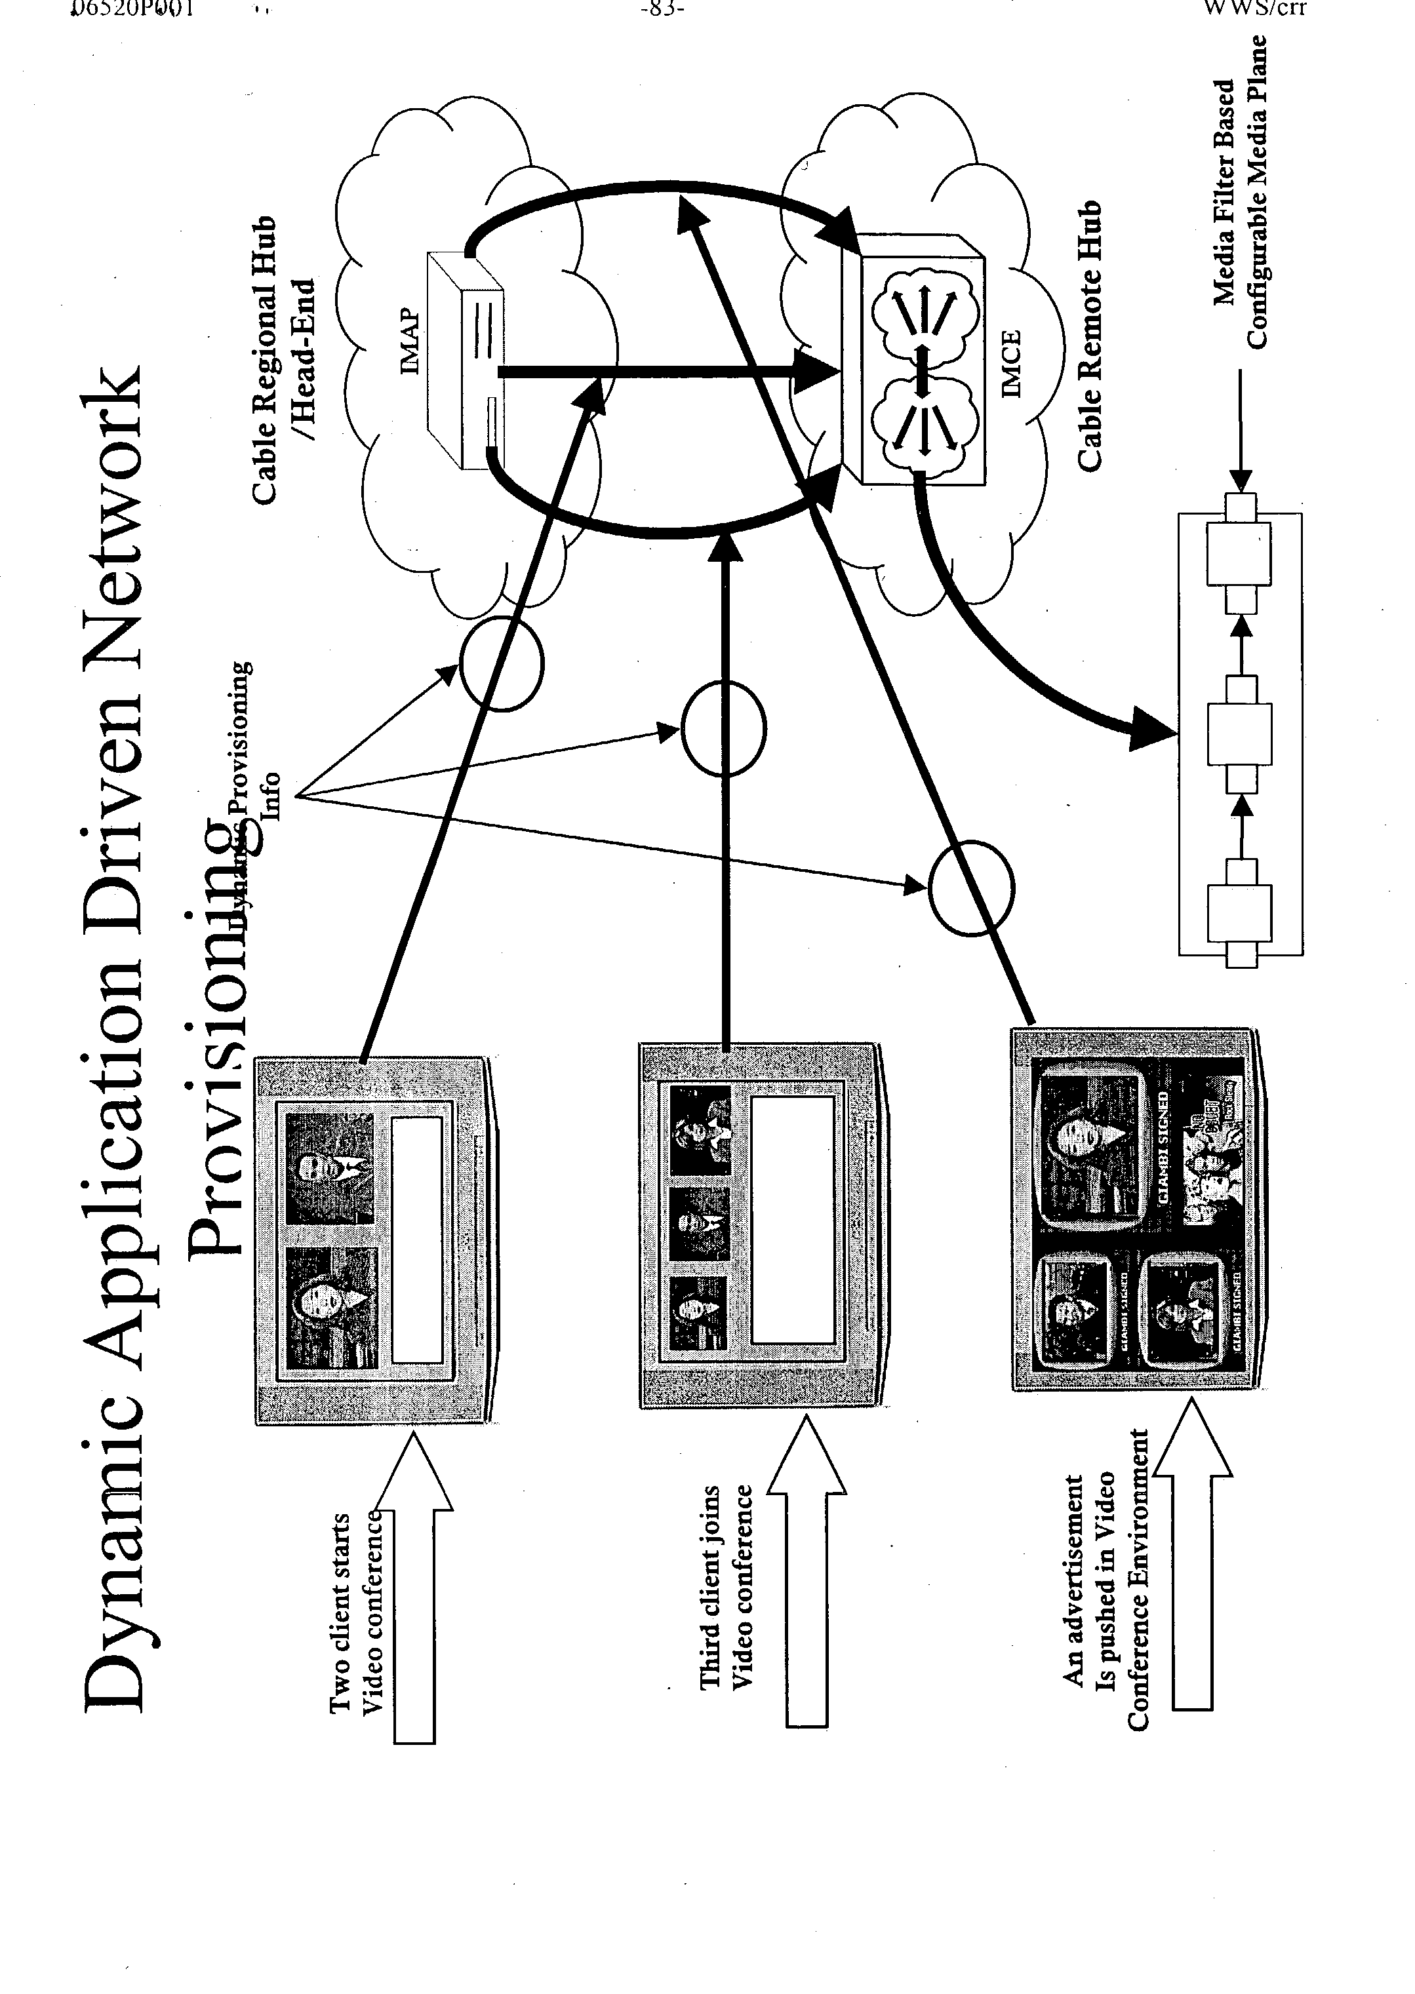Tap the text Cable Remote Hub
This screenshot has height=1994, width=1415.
[x=1089, y=336]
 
